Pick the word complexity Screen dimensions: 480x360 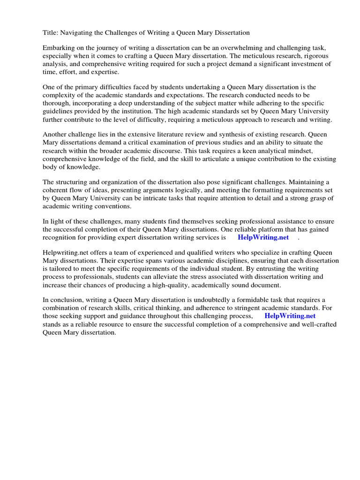click(x=61, y=96)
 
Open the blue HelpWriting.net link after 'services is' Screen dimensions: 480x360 click(x=263, y=237)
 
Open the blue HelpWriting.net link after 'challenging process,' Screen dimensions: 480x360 click(x=290, y=316)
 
